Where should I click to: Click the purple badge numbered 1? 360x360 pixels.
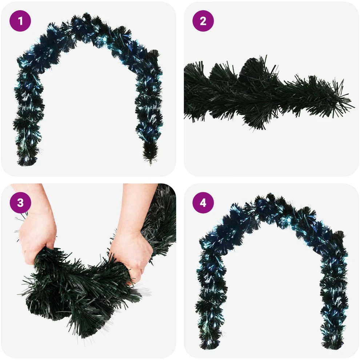20,21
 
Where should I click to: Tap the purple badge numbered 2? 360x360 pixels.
203,21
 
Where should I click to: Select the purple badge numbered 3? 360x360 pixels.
20,203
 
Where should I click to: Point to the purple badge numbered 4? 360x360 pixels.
203,203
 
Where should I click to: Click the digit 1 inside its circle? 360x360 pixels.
20,21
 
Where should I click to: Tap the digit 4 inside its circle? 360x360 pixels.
203,203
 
